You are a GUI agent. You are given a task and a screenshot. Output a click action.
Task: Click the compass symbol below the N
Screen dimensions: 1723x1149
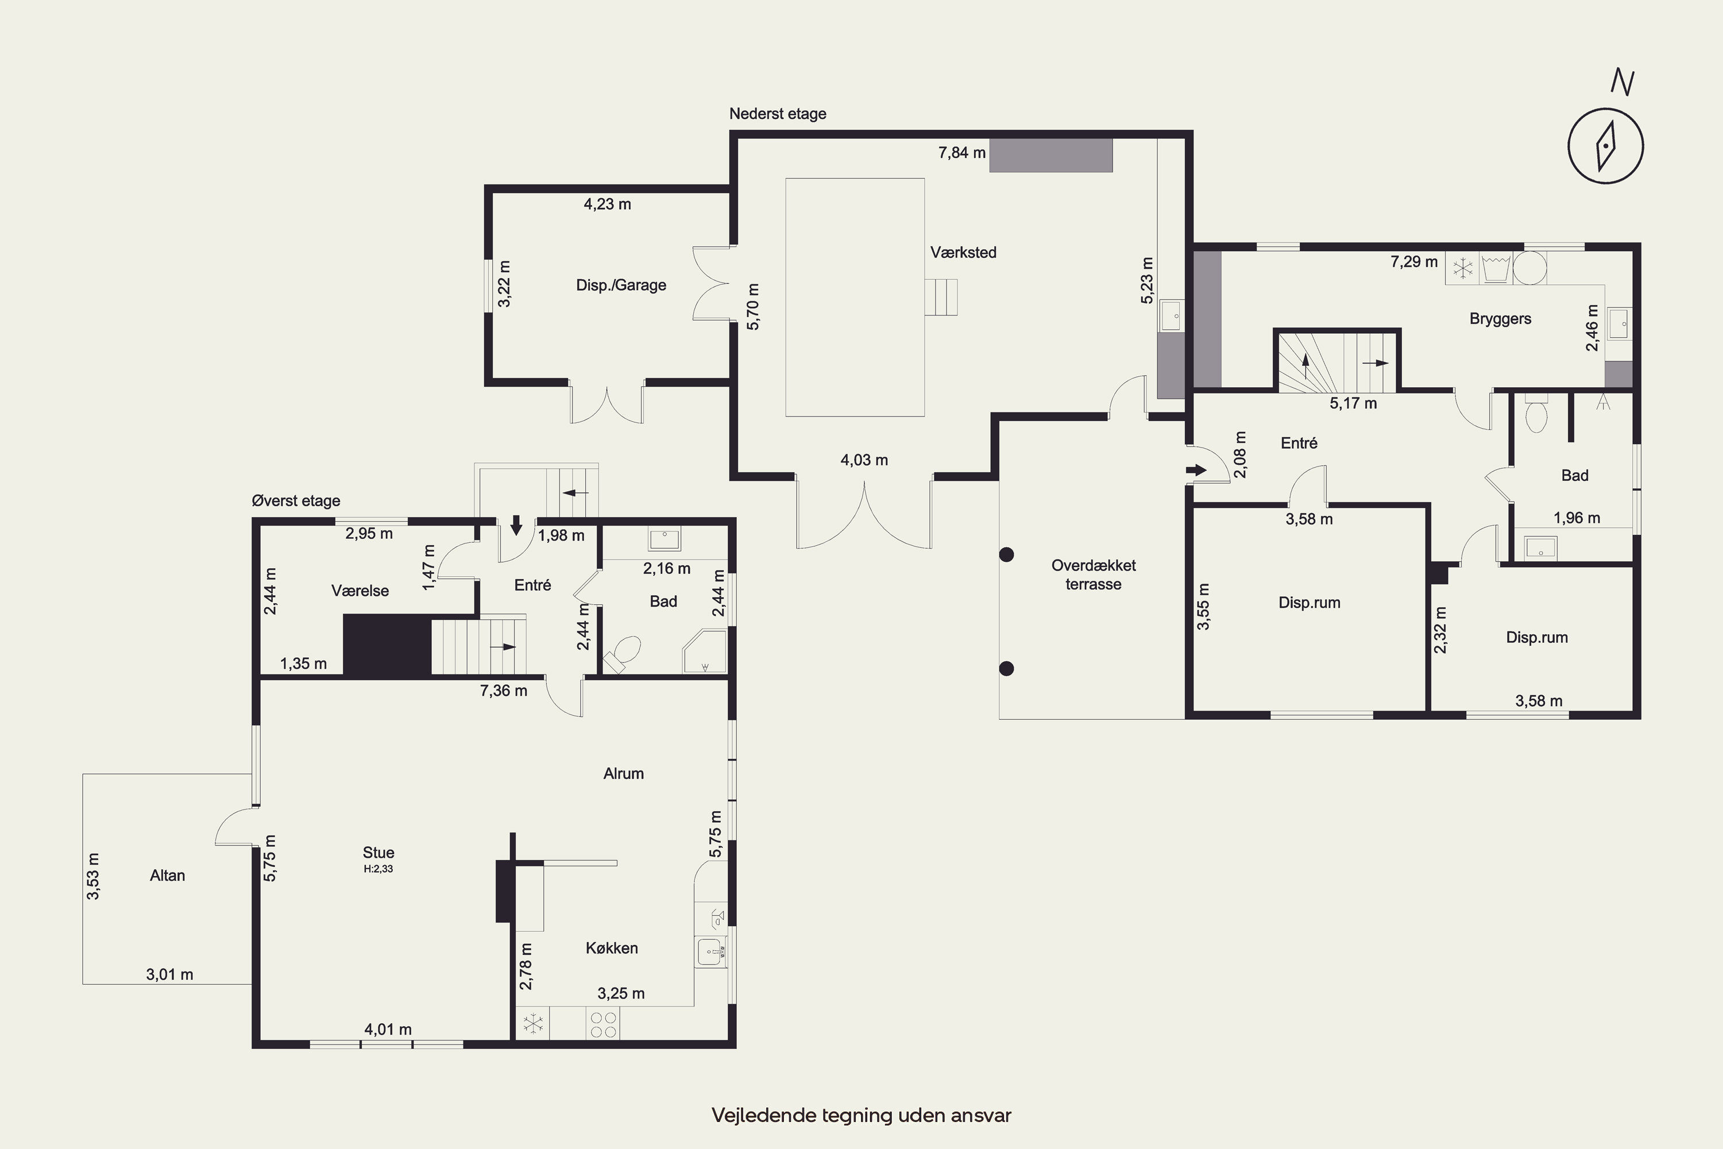[x=1605, y=145]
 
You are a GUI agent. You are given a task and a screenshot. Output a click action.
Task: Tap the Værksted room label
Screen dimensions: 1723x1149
[x=963, y=253]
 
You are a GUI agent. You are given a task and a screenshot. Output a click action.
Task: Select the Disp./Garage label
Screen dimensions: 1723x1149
[x=621, y=285]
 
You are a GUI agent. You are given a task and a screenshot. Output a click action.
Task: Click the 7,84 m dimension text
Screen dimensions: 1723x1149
[x=962, y=152]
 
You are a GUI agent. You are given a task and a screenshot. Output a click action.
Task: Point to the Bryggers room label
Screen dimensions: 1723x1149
[x=1500, y=319]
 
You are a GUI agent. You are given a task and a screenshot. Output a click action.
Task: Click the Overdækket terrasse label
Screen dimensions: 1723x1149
[x=1093, y=574]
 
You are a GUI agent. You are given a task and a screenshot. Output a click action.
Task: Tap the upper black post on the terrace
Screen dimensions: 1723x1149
[x=1007, y=555]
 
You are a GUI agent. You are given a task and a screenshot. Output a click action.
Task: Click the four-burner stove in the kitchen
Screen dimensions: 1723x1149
[x=603, y=1024]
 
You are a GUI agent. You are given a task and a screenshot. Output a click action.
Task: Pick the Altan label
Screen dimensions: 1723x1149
[x=167, y=876]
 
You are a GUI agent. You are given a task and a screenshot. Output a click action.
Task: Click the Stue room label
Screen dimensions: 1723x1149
[x=378, y=852]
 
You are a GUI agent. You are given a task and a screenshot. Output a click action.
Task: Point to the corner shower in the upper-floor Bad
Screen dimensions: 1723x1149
[x=704, y=650]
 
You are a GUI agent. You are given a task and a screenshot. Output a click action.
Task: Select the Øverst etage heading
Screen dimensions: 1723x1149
[x=296, y=501]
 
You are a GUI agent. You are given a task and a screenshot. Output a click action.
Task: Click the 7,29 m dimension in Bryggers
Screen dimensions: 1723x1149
[x=1414, y=261]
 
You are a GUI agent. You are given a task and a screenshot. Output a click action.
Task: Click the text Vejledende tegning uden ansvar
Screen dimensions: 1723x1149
[x=861, y=1115]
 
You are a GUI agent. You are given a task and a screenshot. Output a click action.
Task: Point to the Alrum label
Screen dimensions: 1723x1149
[x=623, y=774]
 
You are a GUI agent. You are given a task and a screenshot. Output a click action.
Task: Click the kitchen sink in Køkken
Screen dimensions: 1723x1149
[x=710, y=952]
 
